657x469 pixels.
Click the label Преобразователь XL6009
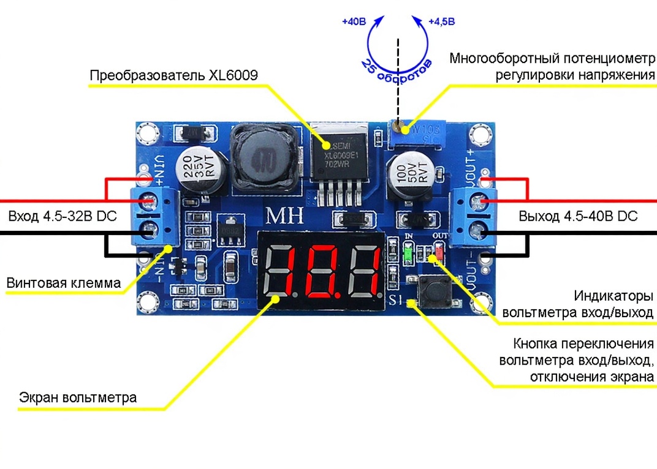pyautogui.click(x=173, y=76)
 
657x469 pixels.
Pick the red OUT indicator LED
pyautogui.click(x=439, y=252)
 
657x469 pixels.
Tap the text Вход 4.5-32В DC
pyautogui.click(x=62, y=217)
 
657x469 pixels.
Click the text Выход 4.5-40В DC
pyautogui.click(x=578, y=217)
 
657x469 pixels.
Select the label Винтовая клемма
pyautogui.click(x=64, y=283)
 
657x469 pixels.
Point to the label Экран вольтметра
pyautogui.click(x=78, y=397)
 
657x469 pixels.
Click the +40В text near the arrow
pyautogui.click(x=354, y=22)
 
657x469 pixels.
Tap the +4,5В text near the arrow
pyautogui.click(x=441, y=22)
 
